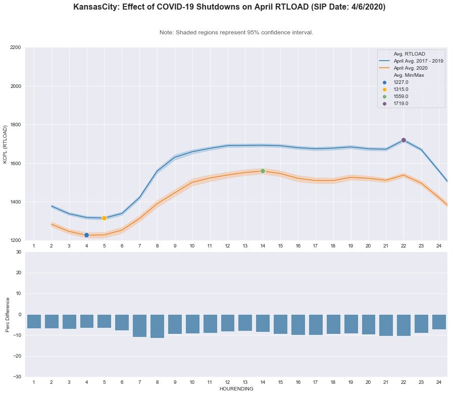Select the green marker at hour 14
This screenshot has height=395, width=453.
click(263, 171)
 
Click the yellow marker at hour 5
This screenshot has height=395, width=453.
click(104, 218)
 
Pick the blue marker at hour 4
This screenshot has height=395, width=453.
click(86, 235)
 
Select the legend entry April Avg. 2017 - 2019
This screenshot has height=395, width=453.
click(418, 61)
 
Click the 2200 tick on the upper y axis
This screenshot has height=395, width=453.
click(15, 47)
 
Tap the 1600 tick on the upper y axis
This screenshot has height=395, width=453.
click(15, 164)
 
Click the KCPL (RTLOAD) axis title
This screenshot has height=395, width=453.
click(6, 144)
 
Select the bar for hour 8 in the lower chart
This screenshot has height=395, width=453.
click(157, 326)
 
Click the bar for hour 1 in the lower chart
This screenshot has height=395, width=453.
click(34, 321)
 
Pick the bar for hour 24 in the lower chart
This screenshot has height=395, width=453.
click(439, 322)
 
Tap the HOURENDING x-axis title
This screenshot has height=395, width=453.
click(236, 389)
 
